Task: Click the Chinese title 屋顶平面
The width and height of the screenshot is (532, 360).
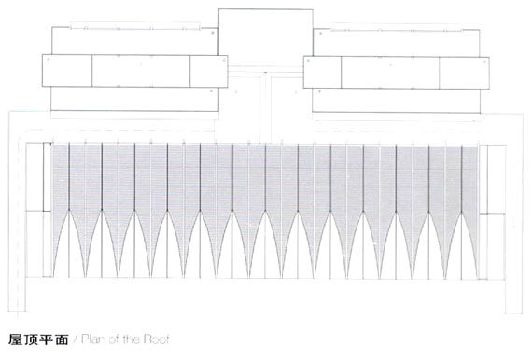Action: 38,339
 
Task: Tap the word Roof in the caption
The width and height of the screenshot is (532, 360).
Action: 156,339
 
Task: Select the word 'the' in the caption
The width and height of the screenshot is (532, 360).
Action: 131,339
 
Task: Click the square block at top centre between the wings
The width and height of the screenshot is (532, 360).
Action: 265,37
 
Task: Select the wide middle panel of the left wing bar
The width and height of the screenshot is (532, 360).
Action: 141,71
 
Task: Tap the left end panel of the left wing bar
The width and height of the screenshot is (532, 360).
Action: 67,70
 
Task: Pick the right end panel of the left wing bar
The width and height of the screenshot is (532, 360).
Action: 209,71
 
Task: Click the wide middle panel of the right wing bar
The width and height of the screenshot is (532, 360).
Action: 390,73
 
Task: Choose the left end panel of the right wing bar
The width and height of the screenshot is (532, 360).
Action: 322,72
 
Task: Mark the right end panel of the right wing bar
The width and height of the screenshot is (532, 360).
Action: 464,74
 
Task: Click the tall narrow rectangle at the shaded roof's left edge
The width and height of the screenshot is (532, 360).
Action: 48,177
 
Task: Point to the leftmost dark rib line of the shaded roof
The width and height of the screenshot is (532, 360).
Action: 69,176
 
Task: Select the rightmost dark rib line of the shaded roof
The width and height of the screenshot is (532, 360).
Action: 461,179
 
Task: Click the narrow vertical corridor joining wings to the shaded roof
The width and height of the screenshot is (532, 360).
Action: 266,109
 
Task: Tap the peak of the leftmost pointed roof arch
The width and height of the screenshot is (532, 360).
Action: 69,211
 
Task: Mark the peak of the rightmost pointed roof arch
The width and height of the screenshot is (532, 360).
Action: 461,213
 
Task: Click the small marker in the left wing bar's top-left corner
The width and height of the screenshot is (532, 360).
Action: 49,59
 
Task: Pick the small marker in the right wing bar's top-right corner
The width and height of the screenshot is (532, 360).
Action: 484,62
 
